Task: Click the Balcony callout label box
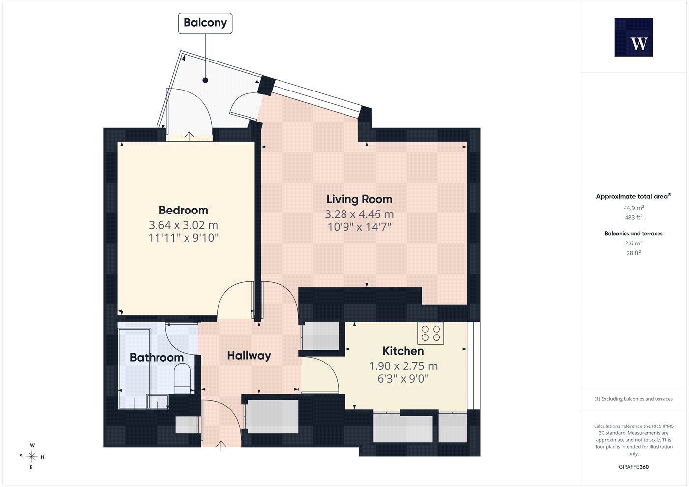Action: tap(205, 24)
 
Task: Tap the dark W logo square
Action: tap(634, 37)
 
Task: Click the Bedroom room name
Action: tap(183, 210)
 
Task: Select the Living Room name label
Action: tap(359, 199)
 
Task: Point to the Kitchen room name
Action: tap(403, 351)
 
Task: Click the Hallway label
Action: tap(249, 356)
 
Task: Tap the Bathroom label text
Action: tap(157, 357)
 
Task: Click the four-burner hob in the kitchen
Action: tap(431, 334)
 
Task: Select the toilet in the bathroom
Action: tap(183, 378)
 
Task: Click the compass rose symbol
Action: tap(31, 457)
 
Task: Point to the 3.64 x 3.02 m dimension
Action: tap(183, 225)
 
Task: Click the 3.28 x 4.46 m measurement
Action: tap(359, 214)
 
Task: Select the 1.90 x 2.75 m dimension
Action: tap(403, 366)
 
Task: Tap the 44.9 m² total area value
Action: tap(634, 208)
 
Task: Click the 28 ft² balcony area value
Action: tap(634, 253)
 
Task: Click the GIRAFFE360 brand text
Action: tap(634, 467)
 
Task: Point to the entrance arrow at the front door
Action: tap(221, 446)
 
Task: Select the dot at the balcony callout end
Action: tap(205, 80)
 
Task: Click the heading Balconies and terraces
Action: tap(634, 233)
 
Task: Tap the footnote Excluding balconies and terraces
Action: tap(634, 399)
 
